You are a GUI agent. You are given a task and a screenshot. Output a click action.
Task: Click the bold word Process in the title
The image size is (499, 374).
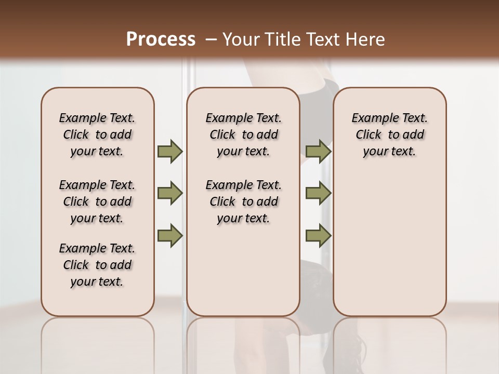[x=161, y=39]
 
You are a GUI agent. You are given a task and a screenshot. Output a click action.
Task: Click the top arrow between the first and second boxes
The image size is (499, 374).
[x=170, y=152]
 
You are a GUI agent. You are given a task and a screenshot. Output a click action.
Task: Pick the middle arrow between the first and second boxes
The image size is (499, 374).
[x=170, y=194]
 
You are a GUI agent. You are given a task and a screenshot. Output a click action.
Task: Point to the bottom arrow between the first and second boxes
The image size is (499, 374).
[x=170, y=235]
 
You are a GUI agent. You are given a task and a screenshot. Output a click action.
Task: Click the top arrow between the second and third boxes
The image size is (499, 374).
[x=318, y=152]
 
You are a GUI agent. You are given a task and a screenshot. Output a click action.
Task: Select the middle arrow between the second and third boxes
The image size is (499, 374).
[x=318, y=194]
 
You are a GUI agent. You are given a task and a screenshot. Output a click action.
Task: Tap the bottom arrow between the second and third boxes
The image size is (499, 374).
[x=318, y=235]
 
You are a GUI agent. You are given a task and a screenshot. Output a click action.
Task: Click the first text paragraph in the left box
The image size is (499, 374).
[x=97, y=135]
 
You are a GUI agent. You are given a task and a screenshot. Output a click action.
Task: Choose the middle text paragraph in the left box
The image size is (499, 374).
[x=97, y=202]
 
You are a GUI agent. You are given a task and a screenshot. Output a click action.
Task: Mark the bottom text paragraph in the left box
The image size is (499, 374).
[x=97, y=265]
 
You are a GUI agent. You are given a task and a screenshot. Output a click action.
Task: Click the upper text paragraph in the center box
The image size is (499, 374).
[x=243, y=135]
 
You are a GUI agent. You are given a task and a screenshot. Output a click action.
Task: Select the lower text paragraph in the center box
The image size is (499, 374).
[x=243, y=202]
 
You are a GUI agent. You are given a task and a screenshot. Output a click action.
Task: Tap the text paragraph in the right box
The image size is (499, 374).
[x=389, y=135]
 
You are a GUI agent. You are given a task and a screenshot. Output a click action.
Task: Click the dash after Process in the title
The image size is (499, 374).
[x=211, y=40]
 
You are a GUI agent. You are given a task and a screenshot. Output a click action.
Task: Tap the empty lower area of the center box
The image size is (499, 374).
[x=243, y=270]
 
